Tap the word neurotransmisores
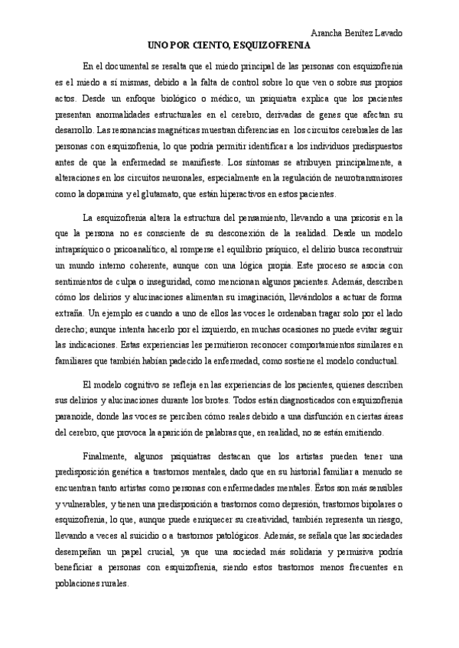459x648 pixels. click(x=368, y=177)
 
